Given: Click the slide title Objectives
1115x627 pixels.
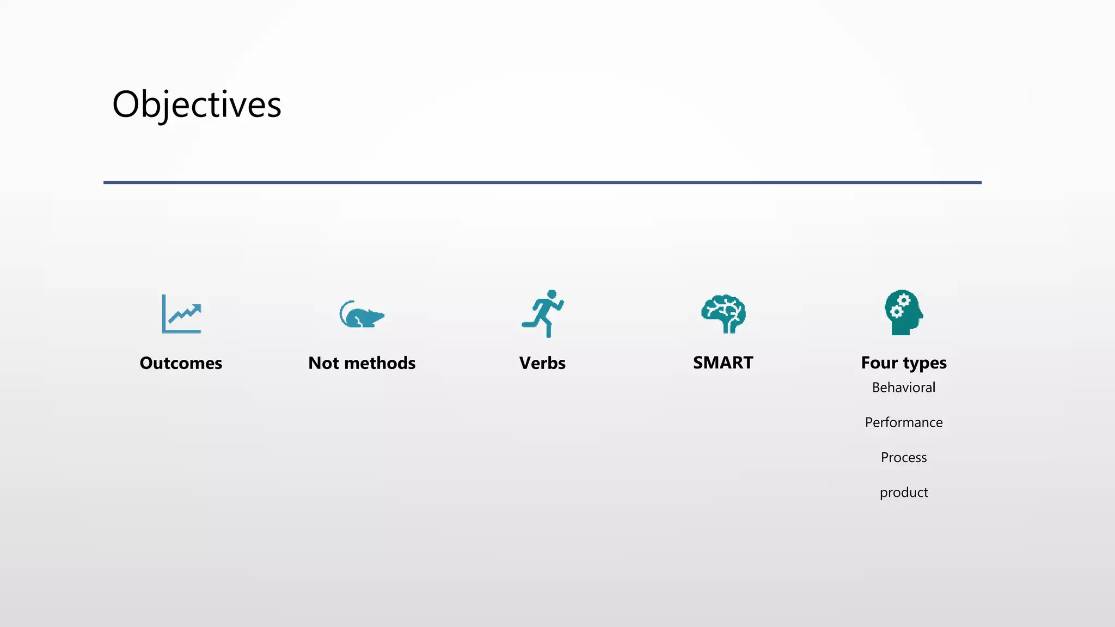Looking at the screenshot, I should tap(197, 104).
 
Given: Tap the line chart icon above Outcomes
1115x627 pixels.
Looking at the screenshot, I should tap(181, 314).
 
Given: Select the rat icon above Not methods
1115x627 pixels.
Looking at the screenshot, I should tap(362, 315).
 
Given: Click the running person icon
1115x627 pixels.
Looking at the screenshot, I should tap(543, 313).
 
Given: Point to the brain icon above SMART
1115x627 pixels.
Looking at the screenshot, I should tap(723, 314).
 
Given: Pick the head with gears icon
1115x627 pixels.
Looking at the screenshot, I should tap(903, 312).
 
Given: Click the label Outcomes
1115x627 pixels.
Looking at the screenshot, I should tap(181, 363).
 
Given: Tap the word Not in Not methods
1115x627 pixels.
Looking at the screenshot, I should tap(324, 363).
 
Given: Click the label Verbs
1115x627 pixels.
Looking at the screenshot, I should tap(542, 363).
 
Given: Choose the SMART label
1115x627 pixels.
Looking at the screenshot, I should tap(723, 362).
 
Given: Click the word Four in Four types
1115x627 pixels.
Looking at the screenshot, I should tap(879, 362).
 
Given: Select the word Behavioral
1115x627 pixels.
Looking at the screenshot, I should tap(904, 388).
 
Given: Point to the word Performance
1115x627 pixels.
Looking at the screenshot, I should tap(904, 422).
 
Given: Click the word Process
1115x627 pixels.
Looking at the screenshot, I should tap(904, 457).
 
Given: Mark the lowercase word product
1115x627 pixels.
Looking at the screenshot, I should tap(904, 493).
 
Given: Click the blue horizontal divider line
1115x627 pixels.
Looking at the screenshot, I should tap(542, 182).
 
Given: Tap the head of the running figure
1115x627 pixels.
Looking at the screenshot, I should tap(553, 294).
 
